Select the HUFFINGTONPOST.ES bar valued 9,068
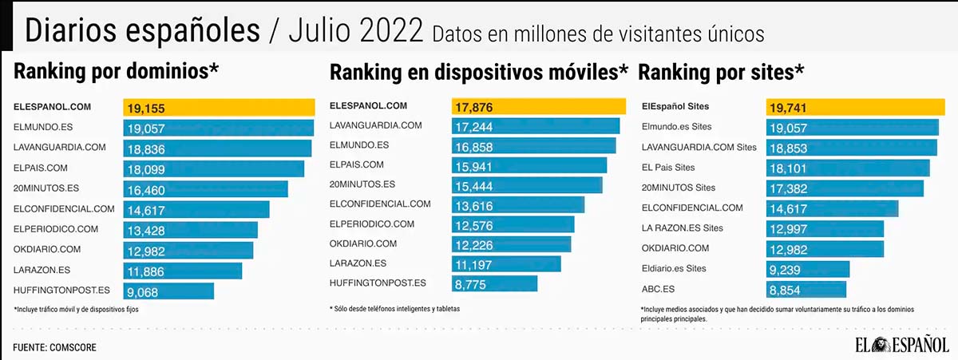(168, 291)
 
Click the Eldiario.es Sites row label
(674, 269)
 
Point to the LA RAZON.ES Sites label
(683, 228)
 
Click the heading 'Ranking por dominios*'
(117, 72)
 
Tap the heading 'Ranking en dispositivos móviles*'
(479, 73)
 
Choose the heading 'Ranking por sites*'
(721, 73)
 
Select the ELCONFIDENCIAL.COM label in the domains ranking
(65, 209)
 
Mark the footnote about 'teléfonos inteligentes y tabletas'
(394, 308)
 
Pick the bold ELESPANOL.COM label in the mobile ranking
(368, 105)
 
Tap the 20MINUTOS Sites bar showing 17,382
(845, 188)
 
